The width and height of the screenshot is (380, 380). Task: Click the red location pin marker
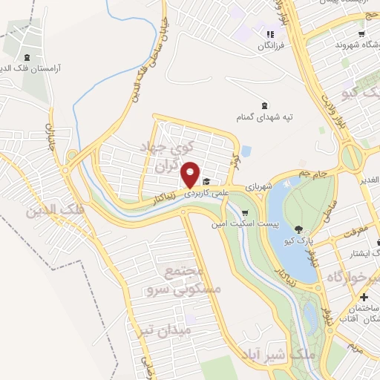click(x=191, y=174)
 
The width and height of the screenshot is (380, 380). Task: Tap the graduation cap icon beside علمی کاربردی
click(x=206, y=181)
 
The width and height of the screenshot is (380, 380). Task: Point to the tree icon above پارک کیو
click(x=298, y=229)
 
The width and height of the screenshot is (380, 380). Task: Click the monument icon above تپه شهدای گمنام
click(x=265, y=104)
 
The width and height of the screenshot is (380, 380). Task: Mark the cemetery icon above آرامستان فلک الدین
click(x=27, y=57)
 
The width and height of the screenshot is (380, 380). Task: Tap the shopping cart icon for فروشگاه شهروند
click(x=361, y=33)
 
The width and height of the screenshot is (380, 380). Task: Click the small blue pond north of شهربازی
click(x=246, y=151)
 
